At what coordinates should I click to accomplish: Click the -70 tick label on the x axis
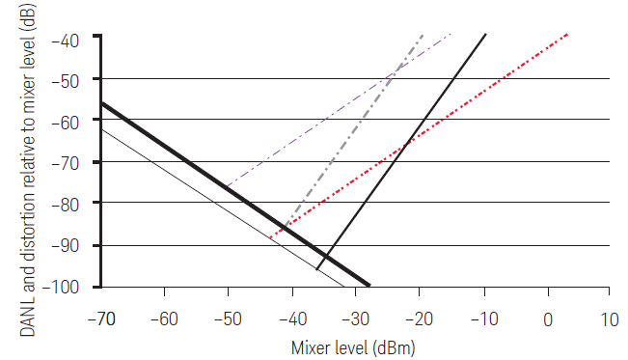101,319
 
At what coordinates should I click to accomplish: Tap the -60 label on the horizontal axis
164,319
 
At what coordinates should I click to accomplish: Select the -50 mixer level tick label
228,319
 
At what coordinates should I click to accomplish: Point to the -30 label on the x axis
356,319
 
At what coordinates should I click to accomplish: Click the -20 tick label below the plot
420,319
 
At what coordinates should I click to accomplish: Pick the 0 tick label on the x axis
548,319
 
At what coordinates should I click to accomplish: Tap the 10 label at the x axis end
610,319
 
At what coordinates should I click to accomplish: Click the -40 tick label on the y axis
66,41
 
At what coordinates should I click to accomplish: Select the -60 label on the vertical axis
66,123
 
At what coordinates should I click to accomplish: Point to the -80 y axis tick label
66,205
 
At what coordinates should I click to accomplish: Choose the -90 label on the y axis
66,246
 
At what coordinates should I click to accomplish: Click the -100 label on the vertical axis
61,287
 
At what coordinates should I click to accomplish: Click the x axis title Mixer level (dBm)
353,347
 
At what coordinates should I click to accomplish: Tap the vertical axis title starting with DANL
27,170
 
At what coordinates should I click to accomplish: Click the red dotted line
419,136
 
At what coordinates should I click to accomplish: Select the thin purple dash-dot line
339,110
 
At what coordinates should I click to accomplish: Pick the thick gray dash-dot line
354,130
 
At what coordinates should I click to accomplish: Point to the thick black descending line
235,194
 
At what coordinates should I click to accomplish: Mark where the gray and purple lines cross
395,72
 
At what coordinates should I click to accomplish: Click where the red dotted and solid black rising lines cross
404,145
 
